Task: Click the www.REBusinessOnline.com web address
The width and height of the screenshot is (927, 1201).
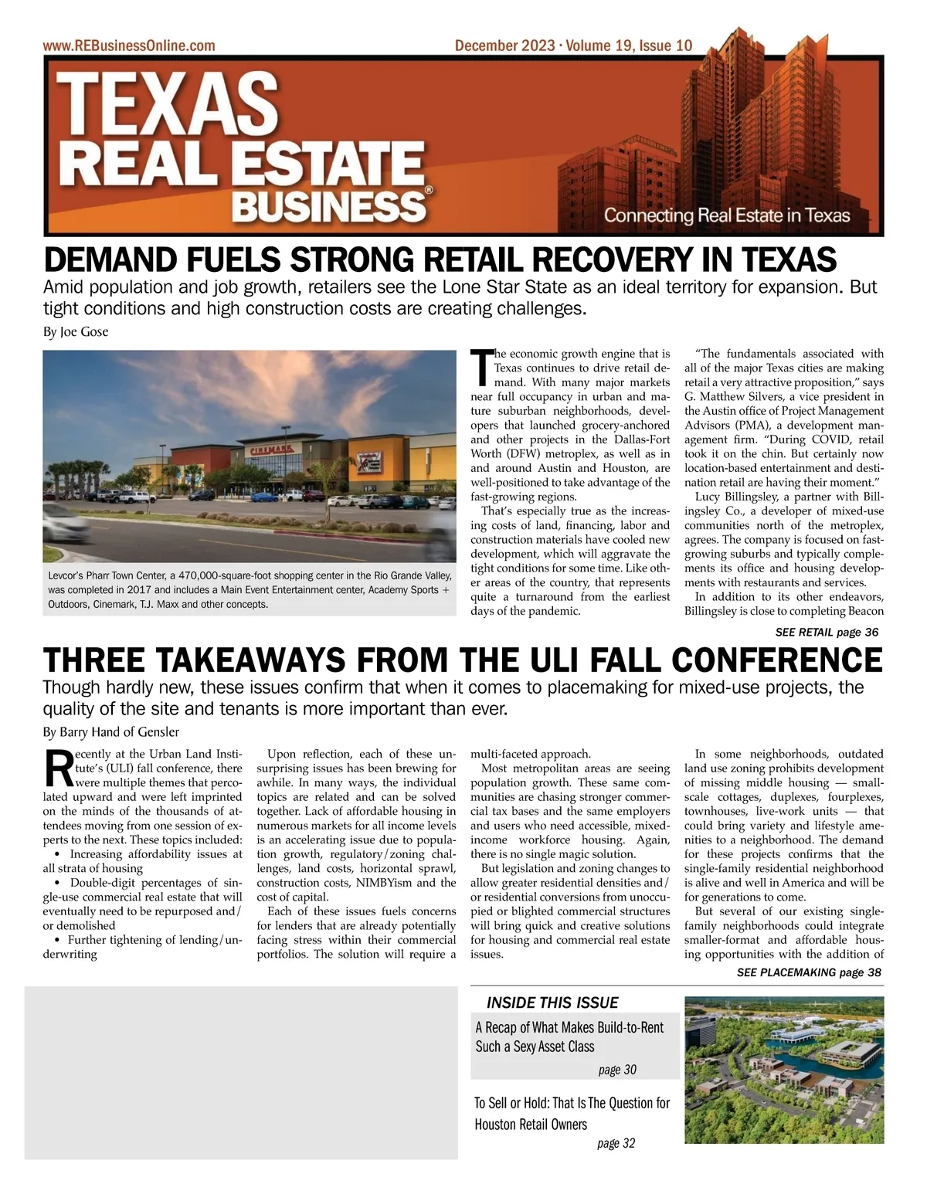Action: click(129, 46)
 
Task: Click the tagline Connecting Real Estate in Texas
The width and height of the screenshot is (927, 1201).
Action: click(726, 215)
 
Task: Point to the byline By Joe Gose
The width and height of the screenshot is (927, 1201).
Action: click(76, 332)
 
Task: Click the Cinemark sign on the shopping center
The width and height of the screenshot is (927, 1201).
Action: click(269, 449)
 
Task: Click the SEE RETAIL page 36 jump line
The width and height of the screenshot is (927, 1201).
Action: click(826, 632)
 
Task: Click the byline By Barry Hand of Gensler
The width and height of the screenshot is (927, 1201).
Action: click(110, 731)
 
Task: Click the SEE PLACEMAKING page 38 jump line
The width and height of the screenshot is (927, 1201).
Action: click(808, 972)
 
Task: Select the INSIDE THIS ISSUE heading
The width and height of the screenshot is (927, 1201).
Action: click(552, 1003)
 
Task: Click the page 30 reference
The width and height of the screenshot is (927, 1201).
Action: click(617, 1070)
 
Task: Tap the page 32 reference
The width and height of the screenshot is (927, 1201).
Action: click(616, 1143)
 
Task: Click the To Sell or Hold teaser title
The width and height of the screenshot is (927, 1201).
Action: click(572, 1113)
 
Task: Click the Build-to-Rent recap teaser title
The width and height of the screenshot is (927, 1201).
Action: click(569, 1036)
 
